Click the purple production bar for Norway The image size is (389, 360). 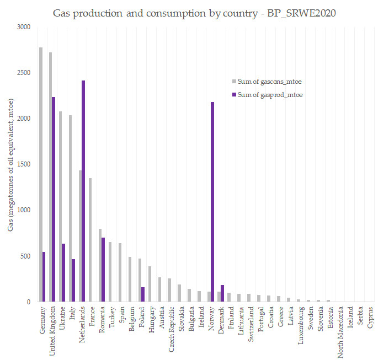212,202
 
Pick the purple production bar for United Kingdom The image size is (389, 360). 54,199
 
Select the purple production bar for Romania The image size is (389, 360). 103,270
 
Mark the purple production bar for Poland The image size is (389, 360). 143,294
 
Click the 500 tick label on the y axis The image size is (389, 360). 25,256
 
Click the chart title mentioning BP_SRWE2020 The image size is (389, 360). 194,12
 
